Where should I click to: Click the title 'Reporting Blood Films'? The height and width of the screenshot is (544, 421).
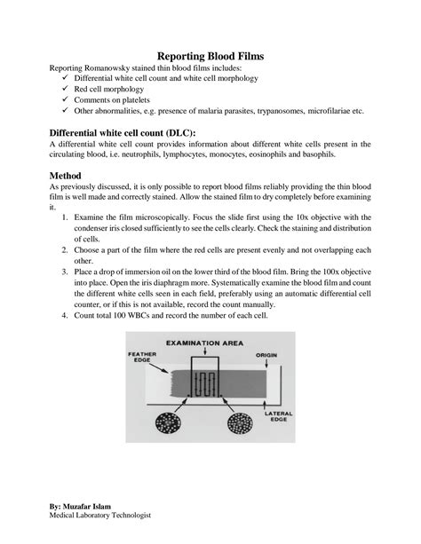pos(210,56)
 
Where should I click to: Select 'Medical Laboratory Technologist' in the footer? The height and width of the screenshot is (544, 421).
pos(100,516)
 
